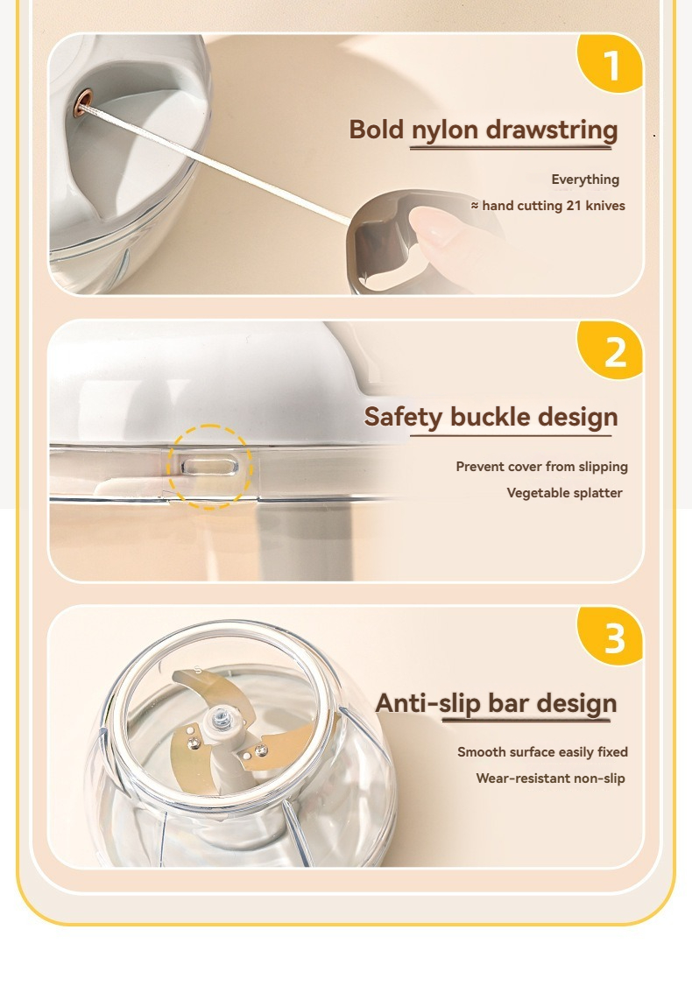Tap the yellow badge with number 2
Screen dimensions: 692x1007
click(x=611, y=349)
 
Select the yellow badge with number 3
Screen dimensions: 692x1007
click(x=611, y=636)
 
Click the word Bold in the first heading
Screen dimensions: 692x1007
click(x=378, y=129)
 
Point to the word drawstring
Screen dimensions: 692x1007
click(x=552, y=130)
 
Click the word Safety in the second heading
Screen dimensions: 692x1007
click(x=404, y=418)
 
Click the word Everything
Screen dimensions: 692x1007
click(x=585, y=180)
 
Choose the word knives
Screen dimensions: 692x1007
click(x=605, y=206)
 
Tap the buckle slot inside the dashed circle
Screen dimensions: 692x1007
click(x=209, y=466)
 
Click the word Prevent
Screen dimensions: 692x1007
click(x=480, y=467)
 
